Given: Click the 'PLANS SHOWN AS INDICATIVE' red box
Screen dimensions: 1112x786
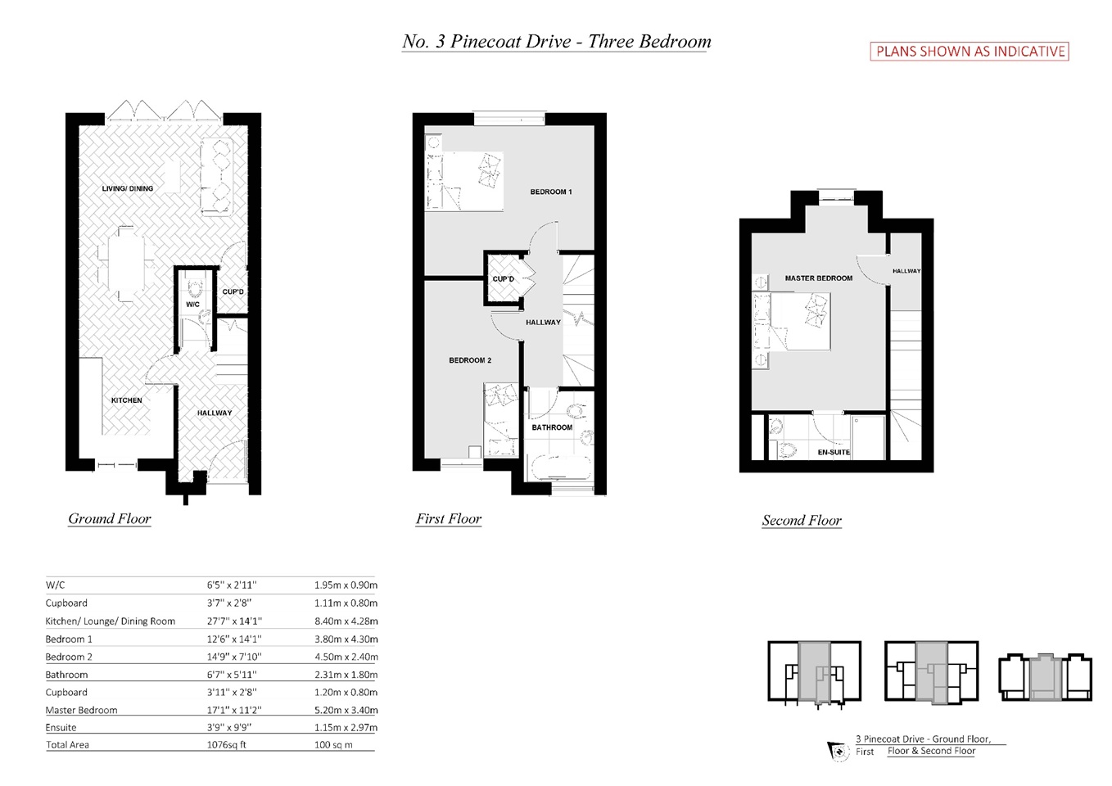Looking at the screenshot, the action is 969,52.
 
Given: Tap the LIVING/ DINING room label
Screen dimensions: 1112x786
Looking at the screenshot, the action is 128,188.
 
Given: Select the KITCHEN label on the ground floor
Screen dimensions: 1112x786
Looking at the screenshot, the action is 127,400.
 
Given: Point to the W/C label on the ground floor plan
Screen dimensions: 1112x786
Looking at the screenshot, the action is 192,305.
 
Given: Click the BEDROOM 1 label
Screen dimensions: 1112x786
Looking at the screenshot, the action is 551,192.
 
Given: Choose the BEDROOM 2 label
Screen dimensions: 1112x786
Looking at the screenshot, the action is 470,360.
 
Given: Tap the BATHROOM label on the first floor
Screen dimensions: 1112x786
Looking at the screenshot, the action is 552,427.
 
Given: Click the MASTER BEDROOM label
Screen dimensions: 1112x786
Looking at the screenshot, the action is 819,278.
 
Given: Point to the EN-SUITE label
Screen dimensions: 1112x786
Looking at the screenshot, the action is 834,452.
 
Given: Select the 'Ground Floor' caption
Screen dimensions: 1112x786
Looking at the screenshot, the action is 109,518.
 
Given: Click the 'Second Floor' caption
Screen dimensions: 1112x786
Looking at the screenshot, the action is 802,520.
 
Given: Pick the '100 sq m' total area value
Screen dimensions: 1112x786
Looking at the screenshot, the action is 333,745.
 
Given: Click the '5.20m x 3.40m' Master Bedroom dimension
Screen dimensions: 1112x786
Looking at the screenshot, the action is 346,710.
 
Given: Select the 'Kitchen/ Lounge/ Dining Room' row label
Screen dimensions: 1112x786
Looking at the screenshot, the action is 111,621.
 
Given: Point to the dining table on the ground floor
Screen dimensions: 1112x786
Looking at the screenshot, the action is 126,264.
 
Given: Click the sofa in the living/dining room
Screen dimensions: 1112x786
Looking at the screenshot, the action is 217,177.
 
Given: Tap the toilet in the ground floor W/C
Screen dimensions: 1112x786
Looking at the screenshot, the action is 192,287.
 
